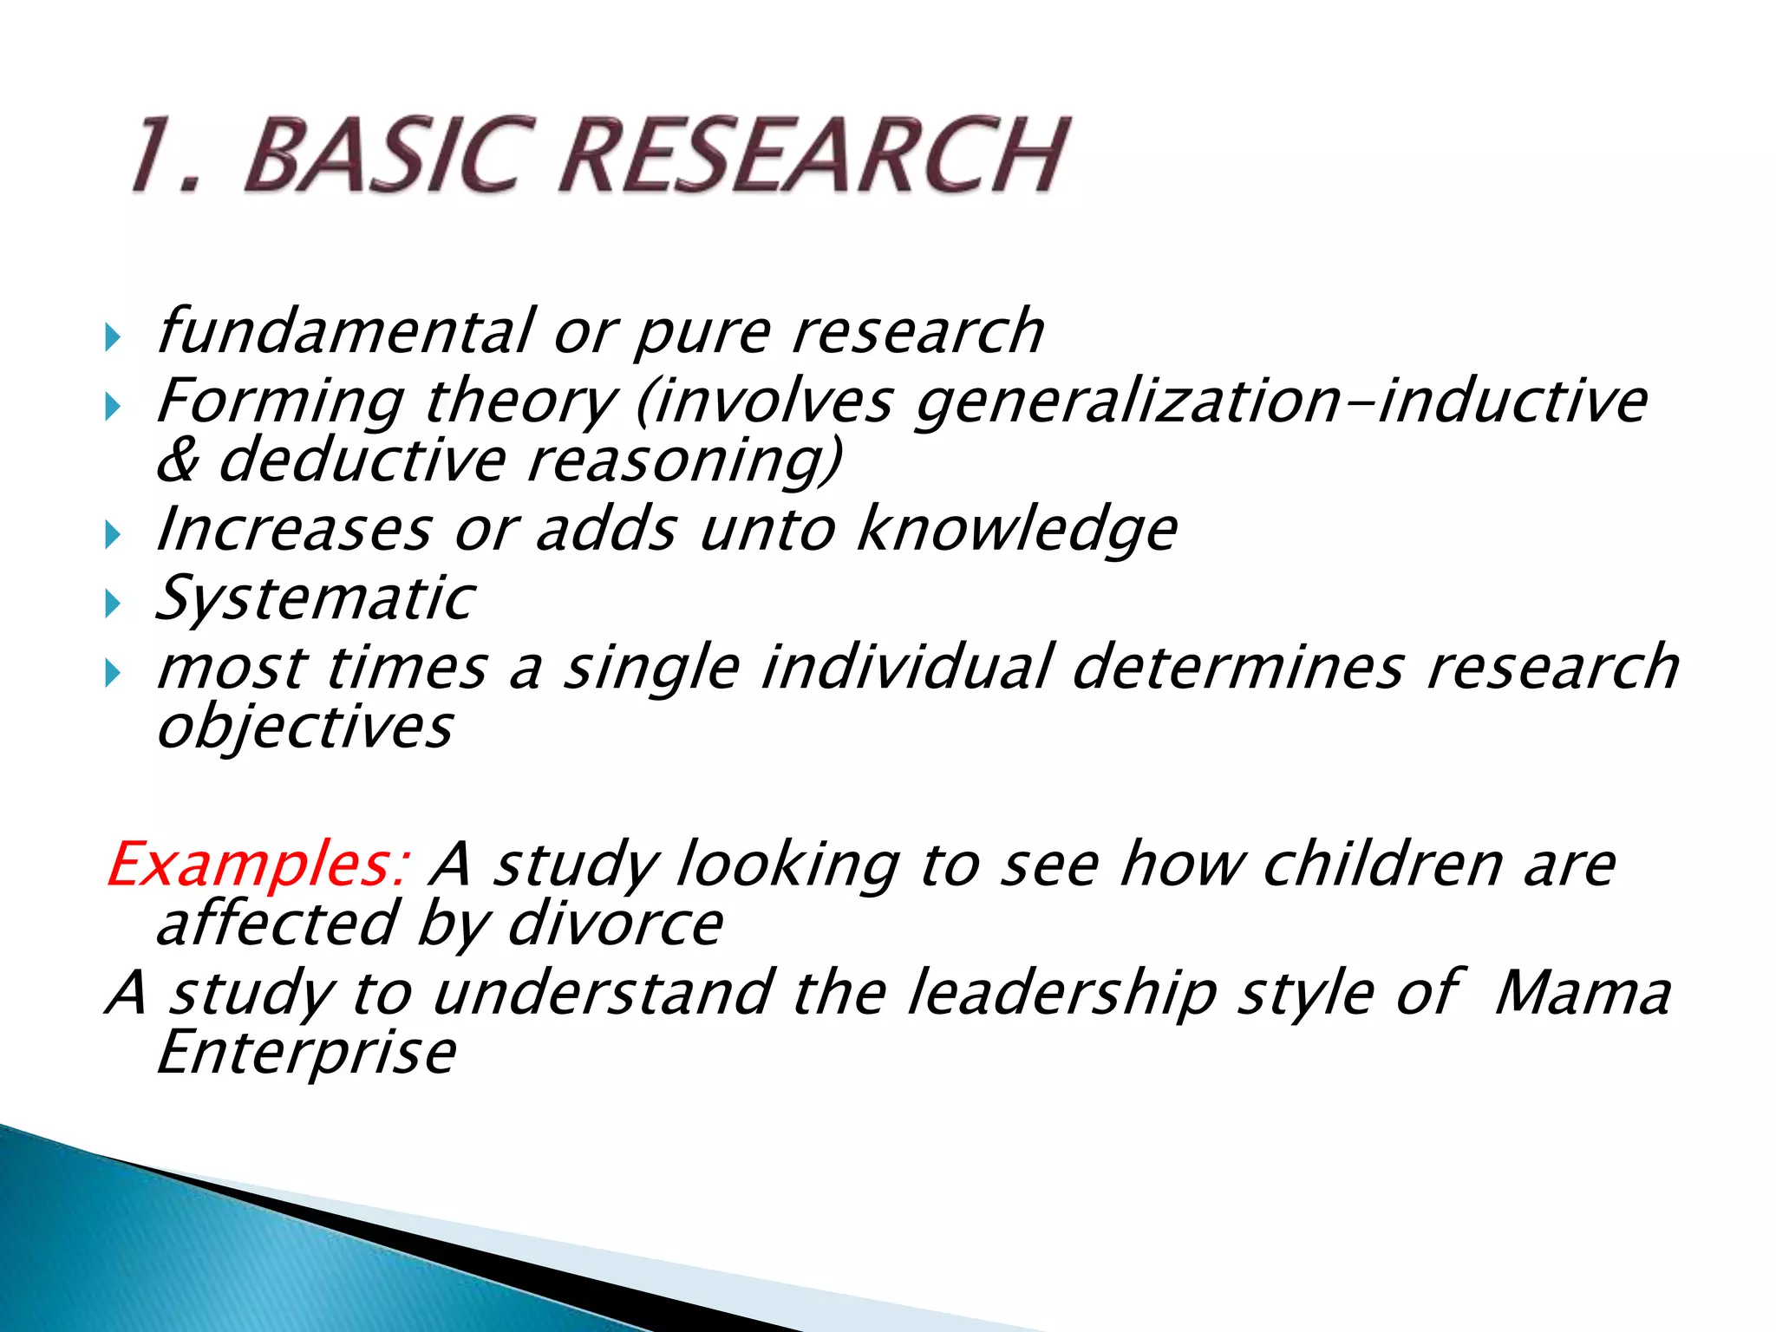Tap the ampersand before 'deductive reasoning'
pos(178,460)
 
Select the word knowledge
pos(1016,531)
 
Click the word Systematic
pos(315,598)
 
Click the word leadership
pos(1061,993)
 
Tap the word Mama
pos(1582,993)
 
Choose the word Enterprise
pos(306,1052)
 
